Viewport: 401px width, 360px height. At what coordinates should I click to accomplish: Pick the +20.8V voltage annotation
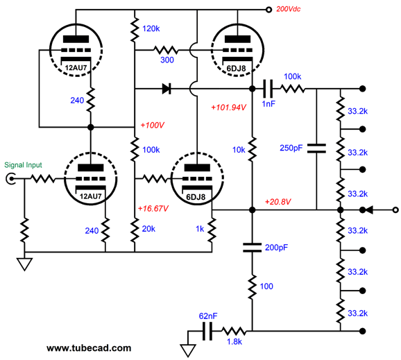coord(278,202)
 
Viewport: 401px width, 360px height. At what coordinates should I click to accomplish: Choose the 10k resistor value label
coord(238,149)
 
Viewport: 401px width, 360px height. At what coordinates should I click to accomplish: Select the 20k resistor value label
coord(151,230)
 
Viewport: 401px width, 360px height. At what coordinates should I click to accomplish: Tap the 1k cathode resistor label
coord(198,229)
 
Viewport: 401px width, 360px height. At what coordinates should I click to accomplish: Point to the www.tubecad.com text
coord(88,348)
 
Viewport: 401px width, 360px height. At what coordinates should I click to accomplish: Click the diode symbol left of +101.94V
coord(166,89)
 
